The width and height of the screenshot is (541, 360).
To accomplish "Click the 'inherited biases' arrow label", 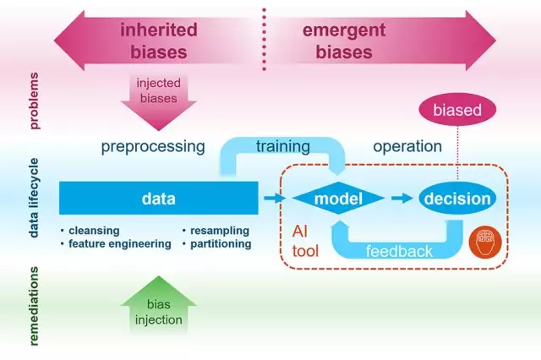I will [158, 41].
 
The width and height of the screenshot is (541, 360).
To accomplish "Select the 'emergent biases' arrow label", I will [344, 41].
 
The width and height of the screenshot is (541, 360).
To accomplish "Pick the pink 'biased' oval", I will [456, 111].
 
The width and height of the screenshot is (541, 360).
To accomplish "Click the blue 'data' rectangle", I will [158, 199].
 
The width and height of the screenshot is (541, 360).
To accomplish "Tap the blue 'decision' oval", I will [456, 199].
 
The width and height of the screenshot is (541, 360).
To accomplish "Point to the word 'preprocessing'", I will [153, 146].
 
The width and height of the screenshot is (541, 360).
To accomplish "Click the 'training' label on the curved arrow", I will [283, 145].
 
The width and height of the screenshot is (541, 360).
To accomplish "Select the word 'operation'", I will [407, 146].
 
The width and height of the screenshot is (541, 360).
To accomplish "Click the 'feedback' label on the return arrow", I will [398, 251].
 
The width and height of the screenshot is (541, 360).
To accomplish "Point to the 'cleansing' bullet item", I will [94, 230].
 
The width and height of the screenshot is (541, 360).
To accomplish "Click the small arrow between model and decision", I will [401, 199].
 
